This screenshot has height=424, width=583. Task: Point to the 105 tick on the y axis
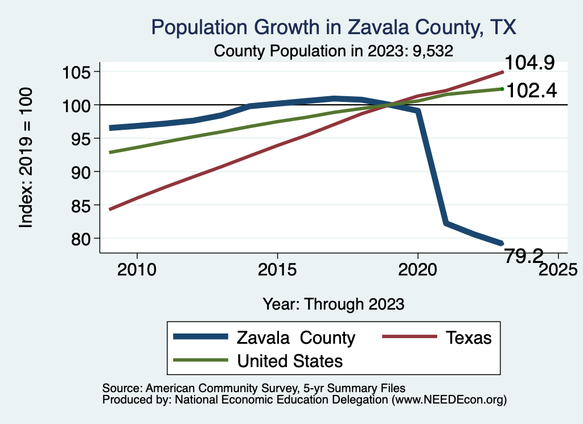coord(81,72)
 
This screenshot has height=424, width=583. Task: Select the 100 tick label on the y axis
coord(81,105)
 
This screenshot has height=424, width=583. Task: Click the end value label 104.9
coord(531,63)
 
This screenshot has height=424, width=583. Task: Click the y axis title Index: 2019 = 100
coord(26,158)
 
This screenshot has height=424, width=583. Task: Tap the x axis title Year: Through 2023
coord(334,304)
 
